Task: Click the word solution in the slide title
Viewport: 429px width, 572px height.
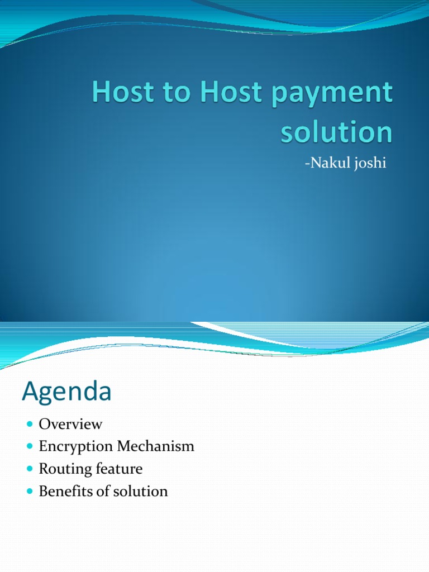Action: (x=336, y=132)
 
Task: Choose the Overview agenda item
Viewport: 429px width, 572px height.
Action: (x=70, y=424)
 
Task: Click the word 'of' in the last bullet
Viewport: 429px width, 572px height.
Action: (x=102, y=491)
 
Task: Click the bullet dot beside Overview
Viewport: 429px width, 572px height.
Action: (x=30, y=425)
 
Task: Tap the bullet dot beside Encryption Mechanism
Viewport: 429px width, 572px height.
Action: (x=30, y=447)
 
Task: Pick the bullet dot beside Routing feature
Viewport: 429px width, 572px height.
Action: (x=30, y=469)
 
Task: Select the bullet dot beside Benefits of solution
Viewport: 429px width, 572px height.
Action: (x=30, y=492)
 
